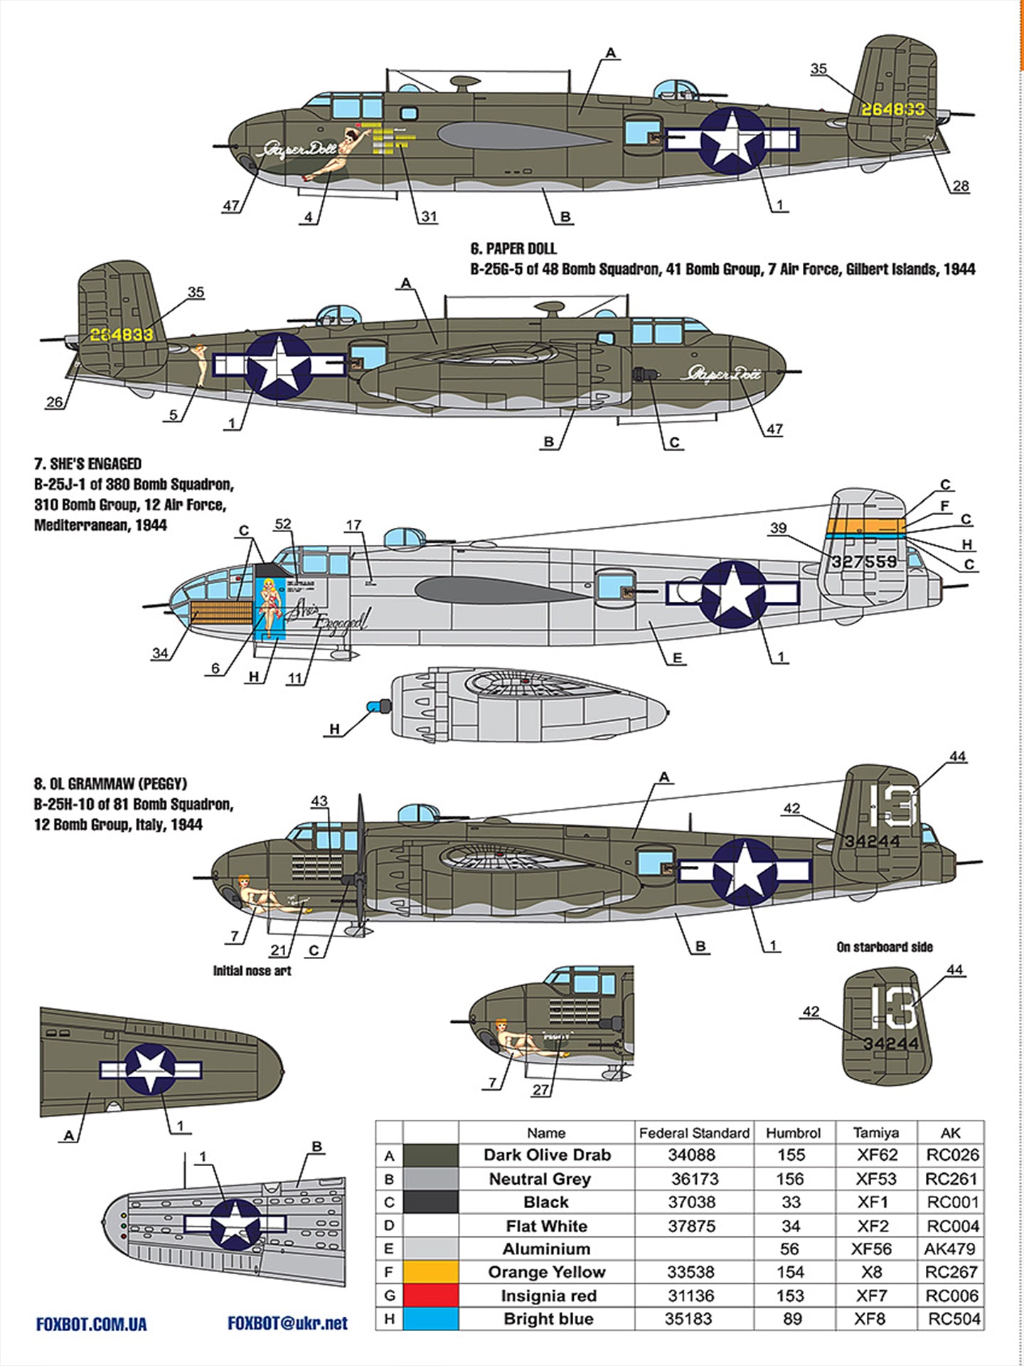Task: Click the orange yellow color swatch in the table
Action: pyautogui.click(x=430, y=1271)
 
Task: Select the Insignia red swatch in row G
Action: pyautogui.click(x=430, y=1295)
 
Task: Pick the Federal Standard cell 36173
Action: pyautogui.click(x=695, y=1179)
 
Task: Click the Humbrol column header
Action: pyautogui.click(x=793, y=1133)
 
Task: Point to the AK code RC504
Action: pyautogui.click(x=954, y=1318)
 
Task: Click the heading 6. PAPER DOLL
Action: pyautogui.click(x=513, y=249)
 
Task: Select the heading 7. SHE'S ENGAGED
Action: pyautogui.click(x=87, y=464)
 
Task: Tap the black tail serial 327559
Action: pyautogui.click(x=864, y=561)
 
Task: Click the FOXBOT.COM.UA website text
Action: pyautogui.click(x=91, y=1324)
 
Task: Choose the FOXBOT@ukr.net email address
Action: pyautogui.click(x=287, y=1323)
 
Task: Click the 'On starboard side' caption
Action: pyautogui.click(x=885, y=947)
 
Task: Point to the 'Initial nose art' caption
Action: pyautogui.click(x=252, y=971)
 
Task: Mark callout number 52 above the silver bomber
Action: pyautogui.click(x=282, y=524)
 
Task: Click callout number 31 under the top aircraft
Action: pyautogui.click(x=428, y=216)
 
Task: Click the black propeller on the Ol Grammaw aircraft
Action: pyautogui.click(x=359, y=868)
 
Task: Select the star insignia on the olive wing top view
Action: pyautogui.click(x=151, y=1069)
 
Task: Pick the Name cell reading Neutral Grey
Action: pyautogui.click(x=540, y=1179)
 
